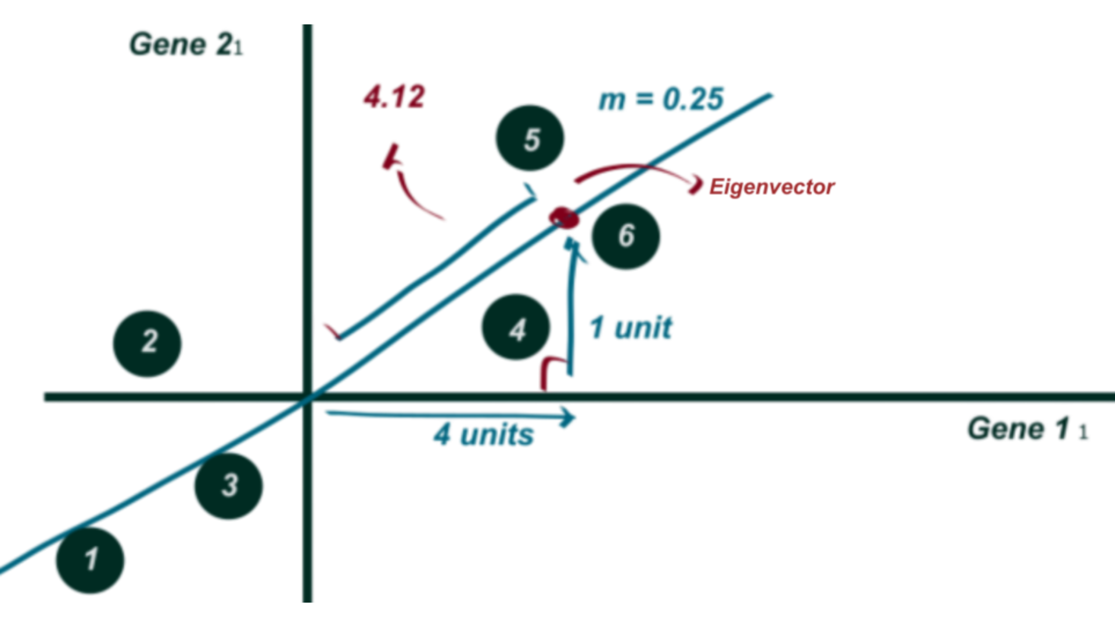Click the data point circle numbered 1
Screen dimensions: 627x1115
[x=90, y=560]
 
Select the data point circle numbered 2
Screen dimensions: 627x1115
[x=147, y=343]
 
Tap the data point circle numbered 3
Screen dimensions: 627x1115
[x=229, y=485]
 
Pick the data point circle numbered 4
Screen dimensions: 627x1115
[x=515, y=327]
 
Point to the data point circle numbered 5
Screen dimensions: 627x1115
[x=529, y=138]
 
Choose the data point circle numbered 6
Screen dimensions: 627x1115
[x=625, y=236]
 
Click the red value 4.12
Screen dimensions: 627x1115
[x=394, y=96]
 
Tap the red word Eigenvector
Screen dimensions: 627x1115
[x=771, y=187]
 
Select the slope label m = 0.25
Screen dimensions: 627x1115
[x=661, y=99]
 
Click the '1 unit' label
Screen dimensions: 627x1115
[x=631, y=327]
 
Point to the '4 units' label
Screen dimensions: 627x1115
[x=483, y=434]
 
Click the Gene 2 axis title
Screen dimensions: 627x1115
[x=186, y=45]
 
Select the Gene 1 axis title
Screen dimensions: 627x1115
[x=1027, y=429]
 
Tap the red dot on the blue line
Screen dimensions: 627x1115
[x=563, y=218]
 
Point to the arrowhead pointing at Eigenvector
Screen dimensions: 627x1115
[x=695, y=185]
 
